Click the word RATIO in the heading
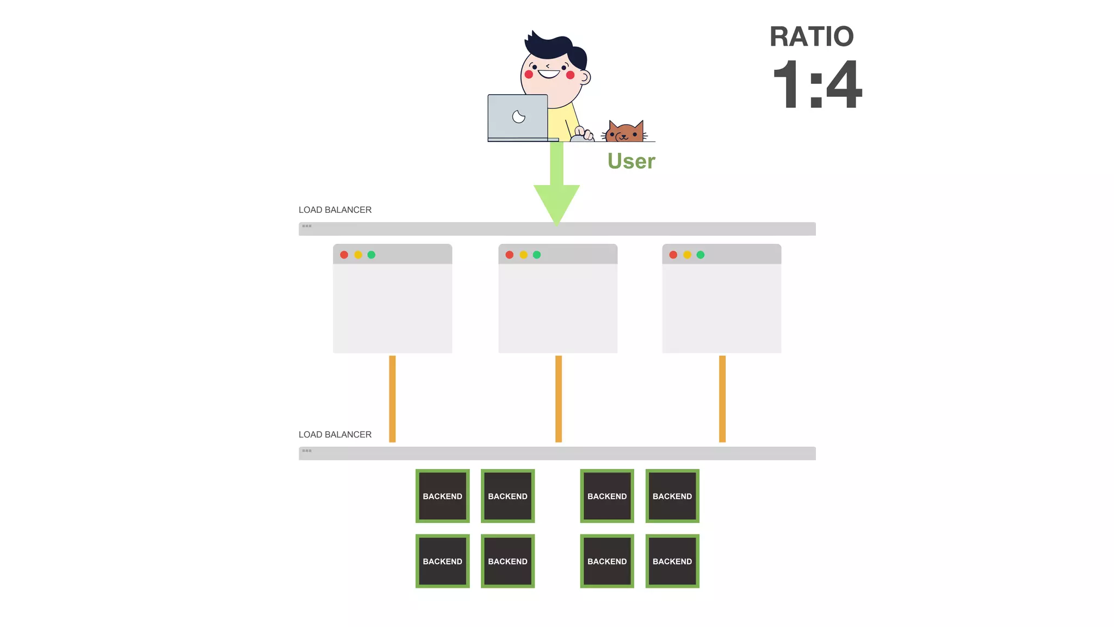[x=811, y=37]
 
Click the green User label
[x=631, y=161]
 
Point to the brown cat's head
[x=625, y=132]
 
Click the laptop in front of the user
[x=518, y=117]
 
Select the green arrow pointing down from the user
[x=556, y=185]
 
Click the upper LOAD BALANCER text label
[x=335, y=210]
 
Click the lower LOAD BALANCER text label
[x=335, y=435]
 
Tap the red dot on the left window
[x=344, y=255]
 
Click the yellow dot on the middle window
[x=523, y=255]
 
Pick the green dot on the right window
[x=701, y=255]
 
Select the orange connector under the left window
[x=392, y=398]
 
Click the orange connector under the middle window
[x=559, y=398]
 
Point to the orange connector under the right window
[x=722, y=398]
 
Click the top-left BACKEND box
[x=443, y=496]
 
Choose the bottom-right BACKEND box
[x=672, y=561]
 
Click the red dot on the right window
[x=673, y=255]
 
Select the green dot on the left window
[x=372, y=255]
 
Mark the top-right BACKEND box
[x=672, y=496]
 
